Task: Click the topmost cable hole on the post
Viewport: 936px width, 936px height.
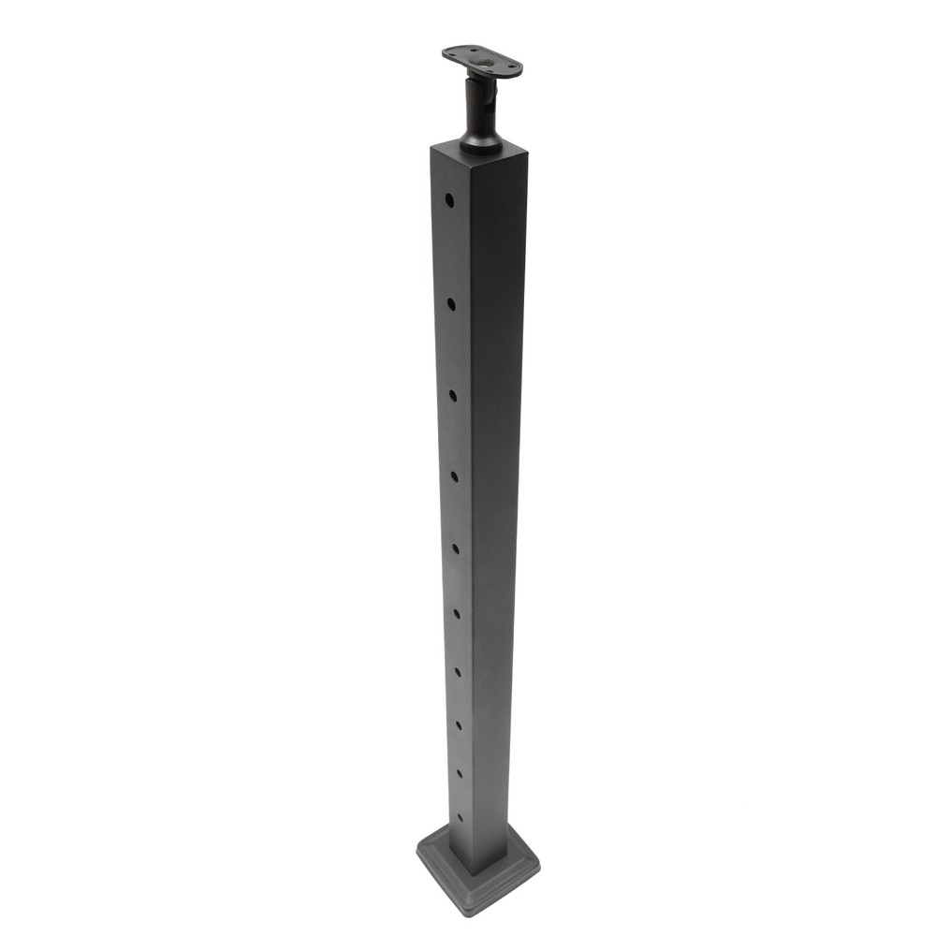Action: [x=449, y=199]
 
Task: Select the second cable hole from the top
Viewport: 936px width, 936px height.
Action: [x=451, y=303]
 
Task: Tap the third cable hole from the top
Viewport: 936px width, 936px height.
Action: [x=452, y=395]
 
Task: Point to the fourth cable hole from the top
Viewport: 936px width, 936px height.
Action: [x=454, y=476]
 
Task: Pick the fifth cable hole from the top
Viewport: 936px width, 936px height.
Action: [x=455, y=548]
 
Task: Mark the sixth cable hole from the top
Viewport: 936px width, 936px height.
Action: [x=456, y=613]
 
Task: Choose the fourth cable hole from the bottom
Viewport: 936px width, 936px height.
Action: [x=458, y=671]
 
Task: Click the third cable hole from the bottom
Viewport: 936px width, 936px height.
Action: [x=459, y=724]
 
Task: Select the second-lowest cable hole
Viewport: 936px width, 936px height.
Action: [x=460, y=773]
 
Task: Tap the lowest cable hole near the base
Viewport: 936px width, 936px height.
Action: [x=461, y=818]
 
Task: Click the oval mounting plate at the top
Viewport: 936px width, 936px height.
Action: [x=482, y=62]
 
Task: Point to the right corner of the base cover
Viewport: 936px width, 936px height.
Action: [x=537, y=854]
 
